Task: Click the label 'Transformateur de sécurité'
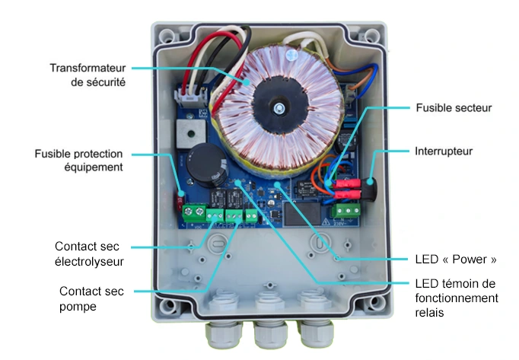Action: [x=88, y=75]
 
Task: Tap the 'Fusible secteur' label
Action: [x=454, y=108]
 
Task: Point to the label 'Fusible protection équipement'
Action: [x=78, y=161]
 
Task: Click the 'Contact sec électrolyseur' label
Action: [x=89, y=254]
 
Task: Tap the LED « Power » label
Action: [x=456, y=259]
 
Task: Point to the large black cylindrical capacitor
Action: [x=205, y=167]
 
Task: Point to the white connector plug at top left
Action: [x=186, y=97]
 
